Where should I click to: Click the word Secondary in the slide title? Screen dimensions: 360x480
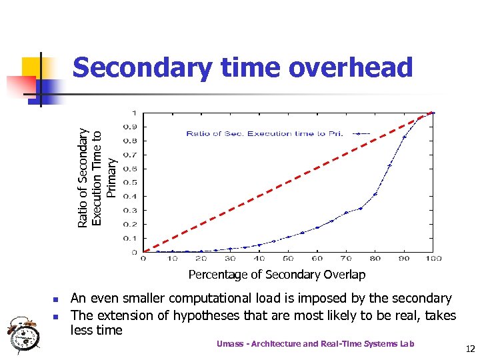141,68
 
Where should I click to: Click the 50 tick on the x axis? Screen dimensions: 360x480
288,259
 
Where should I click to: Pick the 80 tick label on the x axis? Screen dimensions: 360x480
375,259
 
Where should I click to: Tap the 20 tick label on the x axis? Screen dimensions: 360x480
201,259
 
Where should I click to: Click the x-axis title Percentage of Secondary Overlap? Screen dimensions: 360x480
277,275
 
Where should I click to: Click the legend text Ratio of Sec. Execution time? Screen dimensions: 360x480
264,134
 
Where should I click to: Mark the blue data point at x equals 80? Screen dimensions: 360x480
375,194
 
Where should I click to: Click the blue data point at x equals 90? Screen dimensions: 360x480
405,137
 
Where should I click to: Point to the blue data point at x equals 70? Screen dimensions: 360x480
346,213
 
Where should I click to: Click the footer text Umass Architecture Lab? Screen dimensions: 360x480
315,343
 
